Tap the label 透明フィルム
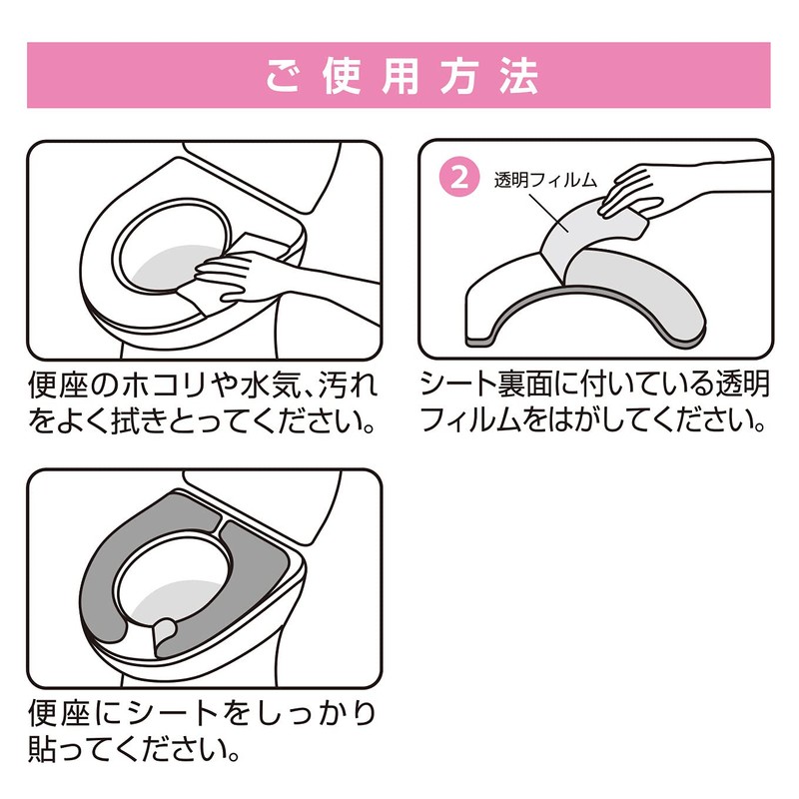coord(545,181)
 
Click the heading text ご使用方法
coord(399,76)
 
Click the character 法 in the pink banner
coord(520,76)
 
